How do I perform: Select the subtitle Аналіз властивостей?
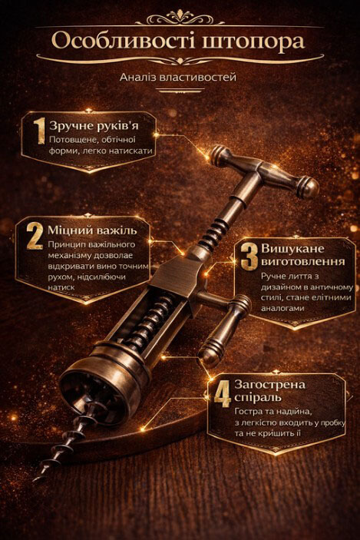(x=178, y=77)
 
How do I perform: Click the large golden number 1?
(x=39, y=131)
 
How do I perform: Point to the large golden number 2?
(x=35, y=236)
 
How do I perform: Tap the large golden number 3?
(x=249, y=257)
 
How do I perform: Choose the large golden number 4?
(x=222, y=393)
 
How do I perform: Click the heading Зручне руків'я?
(x=94, y=126)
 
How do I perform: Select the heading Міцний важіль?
(x=92, y=230)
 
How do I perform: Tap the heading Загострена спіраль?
(x=269, y=390)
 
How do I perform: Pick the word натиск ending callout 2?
(x=61, y=287)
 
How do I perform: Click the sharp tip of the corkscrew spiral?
(x=35, y=480)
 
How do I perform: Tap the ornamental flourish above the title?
(x=180, y=18)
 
